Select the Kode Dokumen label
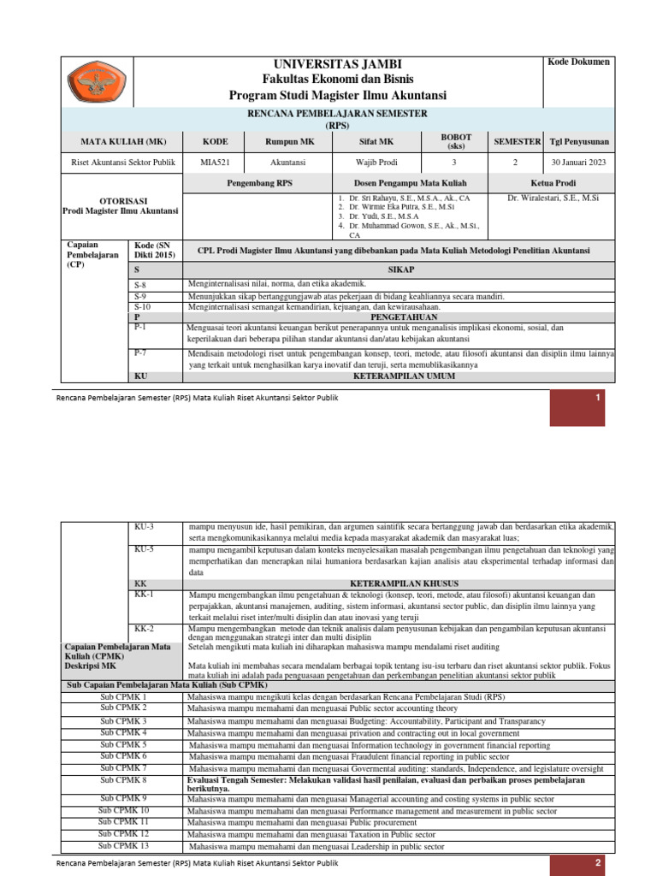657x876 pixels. [x=578, y=62]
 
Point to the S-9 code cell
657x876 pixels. [x=142, y=296]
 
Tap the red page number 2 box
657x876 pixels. [x=599, y=863]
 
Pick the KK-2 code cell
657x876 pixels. [x=145, y=629]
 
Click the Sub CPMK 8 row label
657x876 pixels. [x=123, y=781]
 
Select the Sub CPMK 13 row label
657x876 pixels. [x=123, y=845]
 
